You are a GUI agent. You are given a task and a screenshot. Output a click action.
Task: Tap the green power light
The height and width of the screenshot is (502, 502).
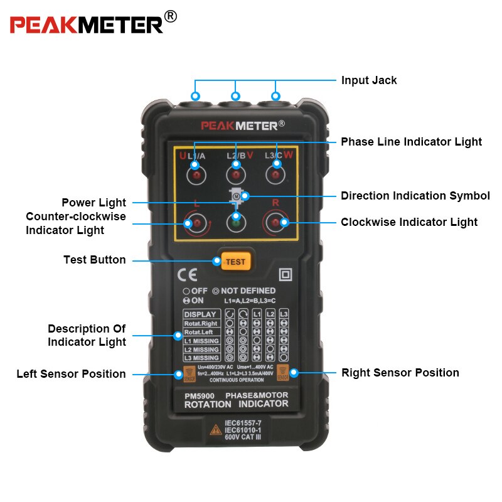coord(236,222)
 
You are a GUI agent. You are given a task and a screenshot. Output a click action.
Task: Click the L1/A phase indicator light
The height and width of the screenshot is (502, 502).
coord(195,174)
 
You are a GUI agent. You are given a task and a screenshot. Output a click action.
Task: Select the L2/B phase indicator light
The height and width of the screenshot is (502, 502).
coord(236,174)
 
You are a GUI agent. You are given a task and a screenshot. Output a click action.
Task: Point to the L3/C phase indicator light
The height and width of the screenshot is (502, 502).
coord(275,174)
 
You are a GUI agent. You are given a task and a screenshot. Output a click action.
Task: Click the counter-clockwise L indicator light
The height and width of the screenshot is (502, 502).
coord(195,223)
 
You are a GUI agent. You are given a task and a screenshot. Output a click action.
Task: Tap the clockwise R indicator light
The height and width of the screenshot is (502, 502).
coord(275,222)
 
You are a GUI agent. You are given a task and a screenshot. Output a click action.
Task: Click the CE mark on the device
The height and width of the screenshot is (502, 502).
coord(188,275)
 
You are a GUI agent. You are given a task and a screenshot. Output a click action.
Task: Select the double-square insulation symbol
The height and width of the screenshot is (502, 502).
coord(286,275)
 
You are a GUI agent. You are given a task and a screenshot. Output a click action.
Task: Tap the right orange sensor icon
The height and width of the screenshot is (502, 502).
coord(282,372)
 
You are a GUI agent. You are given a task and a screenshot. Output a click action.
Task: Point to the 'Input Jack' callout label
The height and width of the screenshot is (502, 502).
coord(369,80)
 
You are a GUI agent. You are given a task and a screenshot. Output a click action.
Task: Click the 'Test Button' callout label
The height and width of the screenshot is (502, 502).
coord(94,260)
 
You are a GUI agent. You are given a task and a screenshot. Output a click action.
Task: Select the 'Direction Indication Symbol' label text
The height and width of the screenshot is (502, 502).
coord(415,196)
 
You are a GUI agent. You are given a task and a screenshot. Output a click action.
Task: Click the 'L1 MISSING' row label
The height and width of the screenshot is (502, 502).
coord(201,341)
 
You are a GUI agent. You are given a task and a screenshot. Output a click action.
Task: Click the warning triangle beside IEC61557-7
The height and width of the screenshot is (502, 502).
coord(214,430)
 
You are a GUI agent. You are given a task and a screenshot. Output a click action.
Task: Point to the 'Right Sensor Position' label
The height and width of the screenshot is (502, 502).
coord(400,373)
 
